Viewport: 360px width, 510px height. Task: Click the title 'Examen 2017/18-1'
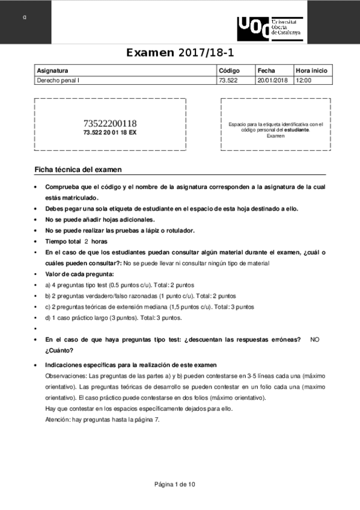(x=179, y=53)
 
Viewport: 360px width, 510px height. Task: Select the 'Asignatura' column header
(x=52, y=70)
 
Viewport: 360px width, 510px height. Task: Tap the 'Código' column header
(x=230, y=70)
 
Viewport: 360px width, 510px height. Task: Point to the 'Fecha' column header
(x=265, y=70)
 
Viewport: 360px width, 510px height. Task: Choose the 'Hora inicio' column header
(x=311, y=70)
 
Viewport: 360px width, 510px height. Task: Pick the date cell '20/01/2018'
(x=272, y=80)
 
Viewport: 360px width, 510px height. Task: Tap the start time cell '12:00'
(x=304, y=80)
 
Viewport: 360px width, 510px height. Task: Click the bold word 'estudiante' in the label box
(x=296, y=130)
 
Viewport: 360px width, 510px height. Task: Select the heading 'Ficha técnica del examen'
(x=78, y=170)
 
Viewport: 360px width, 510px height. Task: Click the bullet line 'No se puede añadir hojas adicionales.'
(x=100, y=220)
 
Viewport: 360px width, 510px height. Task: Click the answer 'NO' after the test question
(x=315, y=340)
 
